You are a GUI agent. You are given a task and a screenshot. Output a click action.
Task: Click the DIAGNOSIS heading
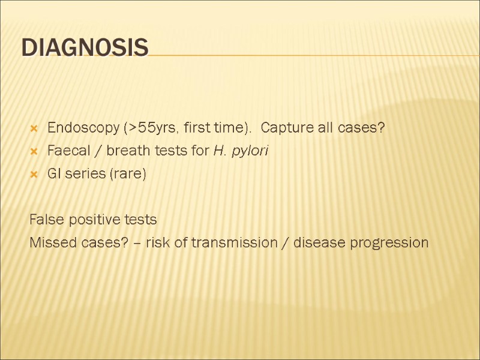click(x=85, y=47)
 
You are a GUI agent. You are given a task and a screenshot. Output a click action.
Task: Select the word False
click(x=46, y=220)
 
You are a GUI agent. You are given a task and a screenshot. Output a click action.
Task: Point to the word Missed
click(x=51, y=242)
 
